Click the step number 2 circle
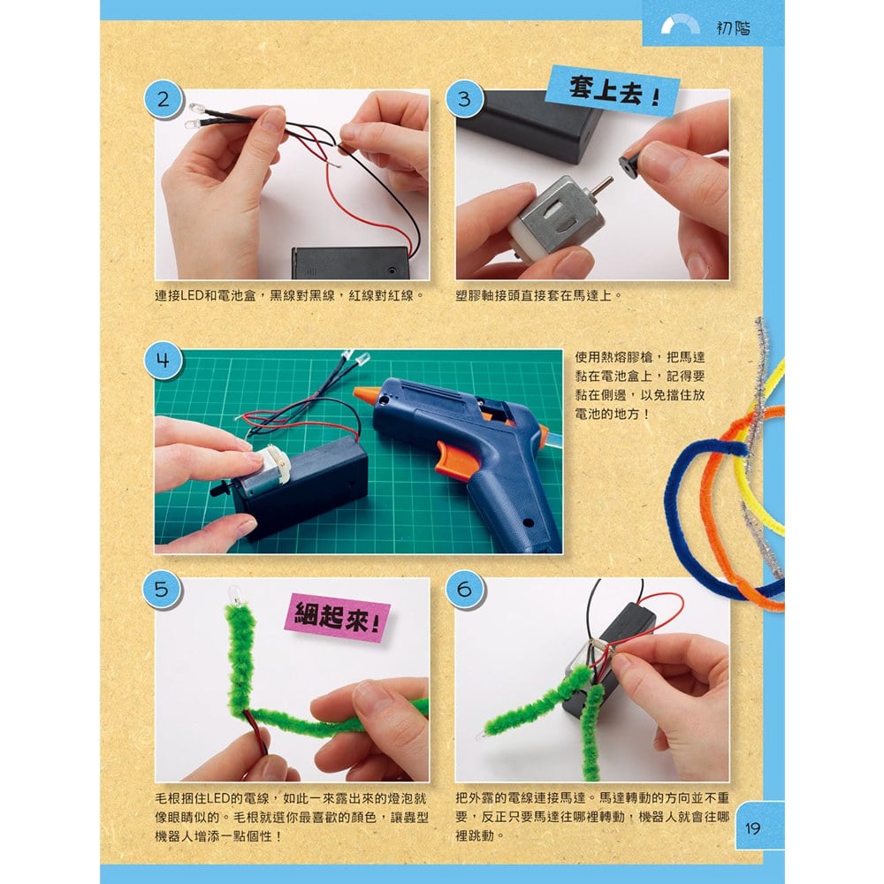(163, 99)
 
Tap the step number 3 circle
(465, 99)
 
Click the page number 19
(753, 828)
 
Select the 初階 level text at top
(732, 27)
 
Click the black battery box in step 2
(350, 263)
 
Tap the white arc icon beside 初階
(683, 27)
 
